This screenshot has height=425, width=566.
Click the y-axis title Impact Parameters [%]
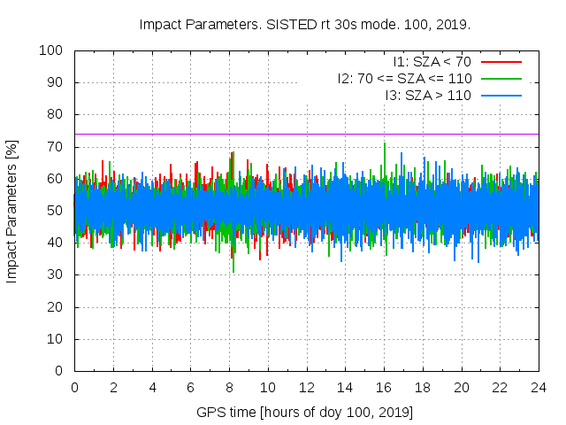point(12,211)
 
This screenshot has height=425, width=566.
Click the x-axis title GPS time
point(305,413)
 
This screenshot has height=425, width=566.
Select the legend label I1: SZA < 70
point(432,61)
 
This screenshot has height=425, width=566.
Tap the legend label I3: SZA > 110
point(428,95)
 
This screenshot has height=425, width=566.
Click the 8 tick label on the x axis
point(229,387)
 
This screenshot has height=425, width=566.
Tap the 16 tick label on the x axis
point(384,387)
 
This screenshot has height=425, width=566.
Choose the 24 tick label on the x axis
point(539,387)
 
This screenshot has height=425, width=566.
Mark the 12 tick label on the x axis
point(307,387)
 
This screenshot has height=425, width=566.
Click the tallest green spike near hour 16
point(385,144)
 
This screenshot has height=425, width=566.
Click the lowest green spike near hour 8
point(233,270)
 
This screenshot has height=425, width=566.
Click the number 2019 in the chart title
point(397,24)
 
